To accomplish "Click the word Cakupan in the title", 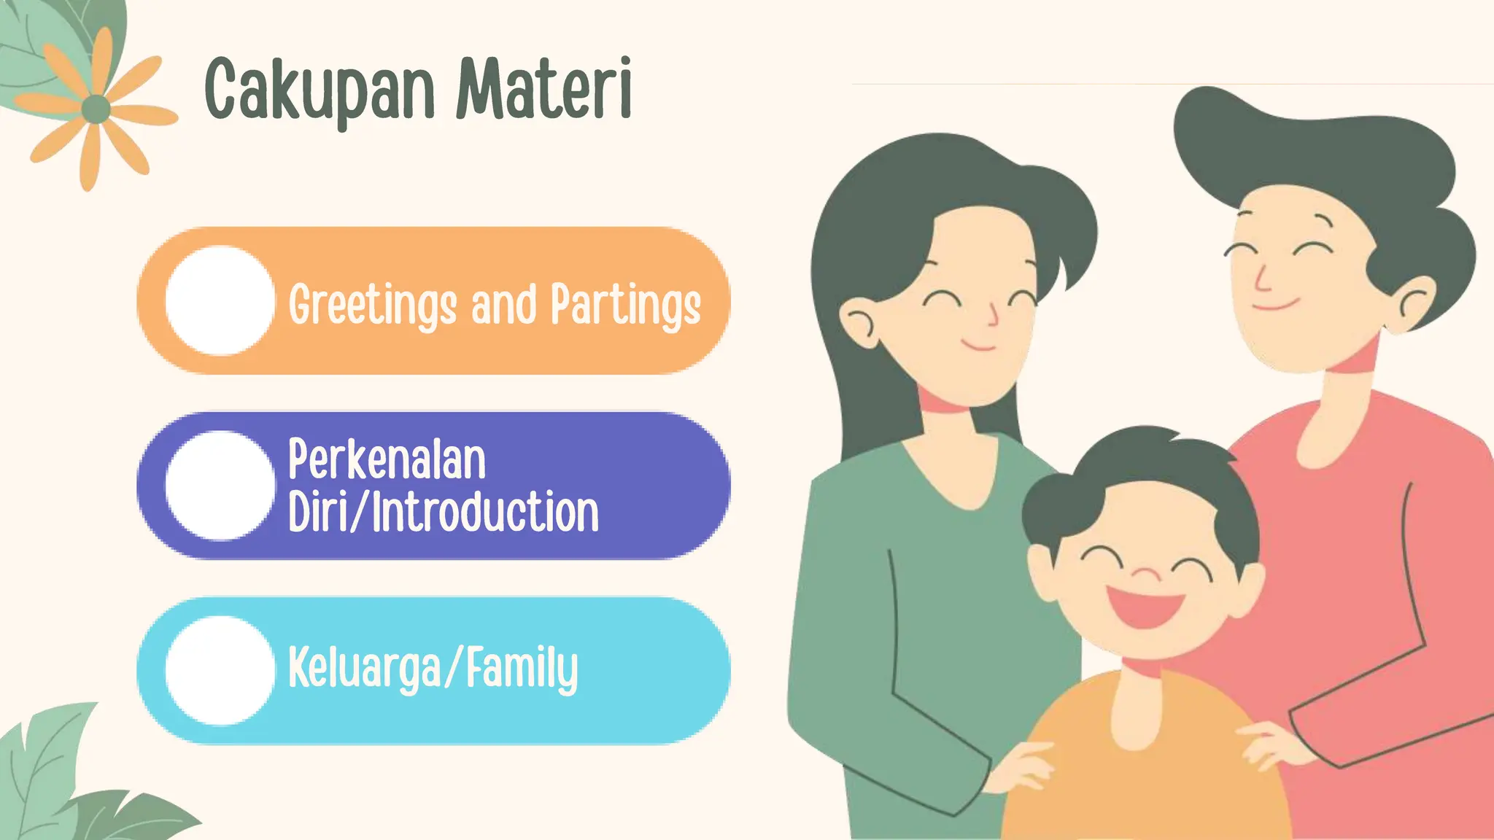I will pyautogui.click(x=320, y=91).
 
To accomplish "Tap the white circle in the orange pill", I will pyautogui.click(x=220, y=300).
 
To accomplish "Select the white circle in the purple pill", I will pyautogui.click(x=220, y=486).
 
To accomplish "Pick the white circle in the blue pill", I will pyautogui.click(x=220, y=670).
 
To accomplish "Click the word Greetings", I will pyautogui.click(x=372, y=305).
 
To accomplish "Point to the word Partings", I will pyautogui.click(x=625, y=305).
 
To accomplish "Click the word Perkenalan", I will pyautogui.click(x=387, y=460).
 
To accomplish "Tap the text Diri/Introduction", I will pyautogui.click(x=443, y=512).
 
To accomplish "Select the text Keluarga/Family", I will pyautogui.click(x=433, y=668).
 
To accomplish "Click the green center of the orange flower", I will pyautogui.click(x=96, y=109).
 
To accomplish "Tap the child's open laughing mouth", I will pyautogui.click(x=1145, y=607).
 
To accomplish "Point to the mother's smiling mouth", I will pyautogui.click(x=978, y=345).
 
